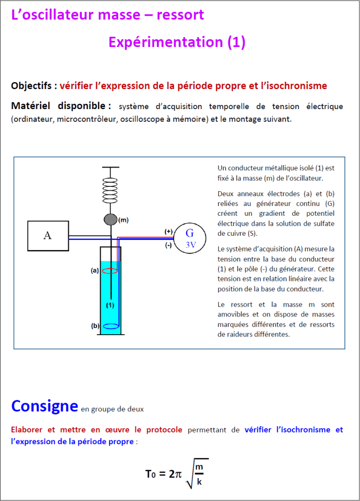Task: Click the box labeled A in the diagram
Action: coord(47,235)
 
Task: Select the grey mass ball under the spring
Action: coord(111,220)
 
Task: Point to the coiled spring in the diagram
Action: coord(111,190)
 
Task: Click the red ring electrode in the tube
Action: coord(110,270)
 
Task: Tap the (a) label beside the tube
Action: coord(95,270)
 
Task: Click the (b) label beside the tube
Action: coord(95,326)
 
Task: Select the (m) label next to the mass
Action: coord(123,220)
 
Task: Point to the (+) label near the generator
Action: coord(168,231)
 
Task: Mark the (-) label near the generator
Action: coord(168,246)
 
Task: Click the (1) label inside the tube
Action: coord(111,305)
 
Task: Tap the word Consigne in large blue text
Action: coord(45,406)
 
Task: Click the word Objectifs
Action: coord(32,86)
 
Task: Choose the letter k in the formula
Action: coord(199,482)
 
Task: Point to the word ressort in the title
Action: coord(180,15)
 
